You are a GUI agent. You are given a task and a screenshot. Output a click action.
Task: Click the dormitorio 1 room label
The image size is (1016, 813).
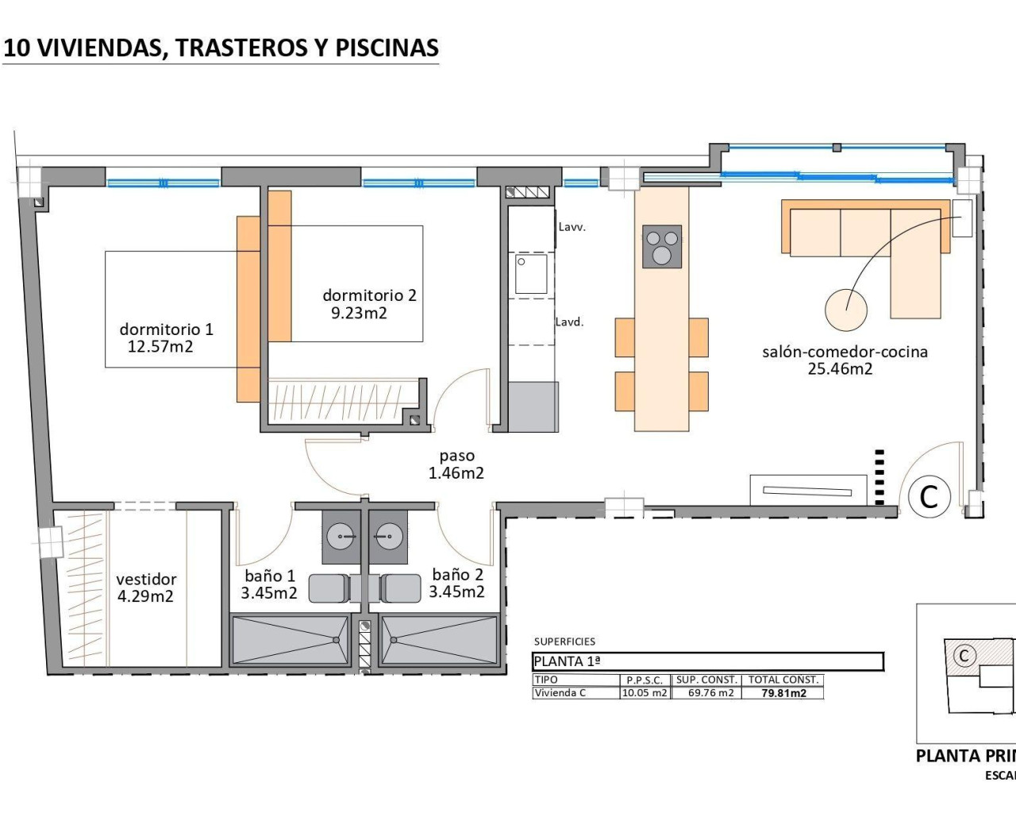click(x=166, y=329)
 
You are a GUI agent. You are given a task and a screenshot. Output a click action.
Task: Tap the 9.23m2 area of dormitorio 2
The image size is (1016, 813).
click(x=359, y=314)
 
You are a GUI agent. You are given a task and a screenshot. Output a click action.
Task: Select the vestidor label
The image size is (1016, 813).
click(x=146, y=580)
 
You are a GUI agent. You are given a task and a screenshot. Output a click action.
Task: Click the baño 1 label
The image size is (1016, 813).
click(x=269, y=576)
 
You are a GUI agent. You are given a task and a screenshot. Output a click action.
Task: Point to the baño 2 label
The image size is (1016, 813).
click(x=457, y=574)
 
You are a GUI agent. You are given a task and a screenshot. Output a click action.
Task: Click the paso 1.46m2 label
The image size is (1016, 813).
click(x=456, y=464)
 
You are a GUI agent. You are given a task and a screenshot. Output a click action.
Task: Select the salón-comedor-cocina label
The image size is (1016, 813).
click(x=845, y=352)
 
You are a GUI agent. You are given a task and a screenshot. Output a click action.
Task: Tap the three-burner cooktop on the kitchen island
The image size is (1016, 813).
click(x=662, y=246)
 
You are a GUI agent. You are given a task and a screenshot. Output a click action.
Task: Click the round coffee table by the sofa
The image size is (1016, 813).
click(x=845, y=309)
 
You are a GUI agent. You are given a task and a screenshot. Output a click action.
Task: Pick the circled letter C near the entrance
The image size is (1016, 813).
click(x=929, y=496)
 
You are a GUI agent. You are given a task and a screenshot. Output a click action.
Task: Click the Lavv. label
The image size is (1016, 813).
click(x=571, y=227)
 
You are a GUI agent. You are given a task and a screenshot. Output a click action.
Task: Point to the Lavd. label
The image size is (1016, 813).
click(x=569, y=322)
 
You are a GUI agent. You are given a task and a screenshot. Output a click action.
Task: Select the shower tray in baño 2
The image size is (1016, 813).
click(x=439, y=639)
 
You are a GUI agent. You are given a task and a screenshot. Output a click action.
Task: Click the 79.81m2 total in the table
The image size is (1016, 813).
click(x=783, y=693)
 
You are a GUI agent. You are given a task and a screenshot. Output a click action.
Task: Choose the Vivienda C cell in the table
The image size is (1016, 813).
click(x=560, y=693)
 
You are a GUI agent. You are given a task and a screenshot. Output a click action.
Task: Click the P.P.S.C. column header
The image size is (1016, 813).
click(x=644, y=680)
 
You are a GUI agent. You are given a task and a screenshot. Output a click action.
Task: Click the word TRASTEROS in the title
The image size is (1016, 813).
click(x=241, y=48)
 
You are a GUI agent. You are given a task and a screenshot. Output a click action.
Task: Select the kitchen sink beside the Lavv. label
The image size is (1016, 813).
click(x=530, y=273)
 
